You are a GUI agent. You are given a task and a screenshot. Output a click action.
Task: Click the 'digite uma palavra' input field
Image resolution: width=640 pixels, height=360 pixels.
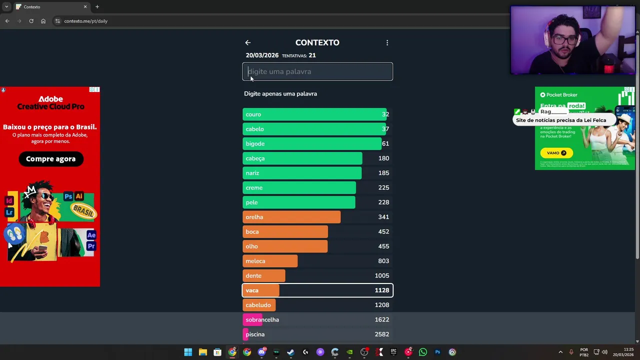click(317, 71)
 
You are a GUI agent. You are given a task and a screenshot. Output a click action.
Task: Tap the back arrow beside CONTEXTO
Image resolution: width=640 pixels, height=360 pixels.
click(247, 43)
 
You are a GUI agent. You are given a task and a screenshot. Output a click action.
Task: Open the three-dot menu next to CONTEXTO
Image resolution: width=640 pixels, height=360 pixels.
click(387, 43)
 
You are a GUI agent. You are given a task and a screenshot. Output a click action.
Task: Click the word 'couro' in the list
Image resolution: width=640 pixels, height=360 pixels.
click(253, 114)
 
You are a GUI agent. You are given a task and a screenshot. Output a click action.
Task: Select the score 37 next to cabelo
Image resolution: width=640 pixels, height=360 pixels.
click(385, 129)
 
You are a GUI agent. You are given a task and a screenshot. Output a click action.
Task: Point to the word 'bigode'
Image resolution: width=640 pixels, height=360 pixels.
click(255, 143)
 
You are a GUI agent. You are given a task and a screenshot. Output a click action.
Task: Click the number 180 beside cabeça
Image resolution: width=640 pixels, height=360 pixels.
click(383, 158)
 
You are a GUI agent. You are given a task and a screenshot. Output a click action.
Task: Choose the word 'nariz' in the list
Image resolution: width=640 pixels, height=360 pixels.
click(252, 173)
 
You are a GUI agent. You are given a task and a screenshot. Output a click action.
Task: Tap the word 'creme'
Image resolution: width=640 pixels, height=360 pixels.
click(254, 187)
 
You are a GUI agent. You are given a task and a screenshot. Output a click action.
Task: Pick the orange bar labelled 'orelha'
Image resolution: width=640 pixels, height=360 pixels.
click(291, 217)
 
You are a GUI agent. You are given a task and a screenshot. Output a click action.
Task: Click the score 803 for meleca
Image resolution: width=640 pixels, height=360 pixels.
click(383, 261)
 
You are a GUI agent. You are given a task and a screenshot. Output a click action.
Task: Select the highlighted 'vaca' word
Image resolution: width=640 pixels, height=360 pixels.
click(252, 290)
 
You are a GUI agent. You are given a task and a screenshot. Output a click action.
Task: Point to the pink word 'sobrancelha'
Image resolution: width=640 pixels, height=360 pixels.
click(262, 319)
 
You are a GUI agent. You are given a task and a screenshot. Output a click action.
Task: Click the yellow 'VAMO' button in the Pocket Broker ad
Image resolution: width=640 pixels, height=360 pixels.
click(556, 153)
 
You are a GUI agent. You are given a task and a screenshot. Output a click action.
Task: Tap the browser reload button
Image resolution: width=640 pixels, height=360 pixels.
click(31, 21)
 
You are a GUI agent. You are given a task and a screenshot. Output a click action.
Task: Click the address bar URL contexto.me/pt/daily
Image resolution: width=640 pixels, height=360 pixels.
click(86, 21)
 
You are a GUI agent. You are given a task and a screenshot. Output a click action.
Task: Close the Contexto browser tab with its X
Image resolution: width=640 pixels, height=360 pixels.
click(85, 7)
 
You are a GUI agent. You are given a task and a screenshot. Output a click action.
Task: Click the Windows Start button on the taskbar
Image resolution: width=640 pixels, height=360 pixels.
click(188, 352)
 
